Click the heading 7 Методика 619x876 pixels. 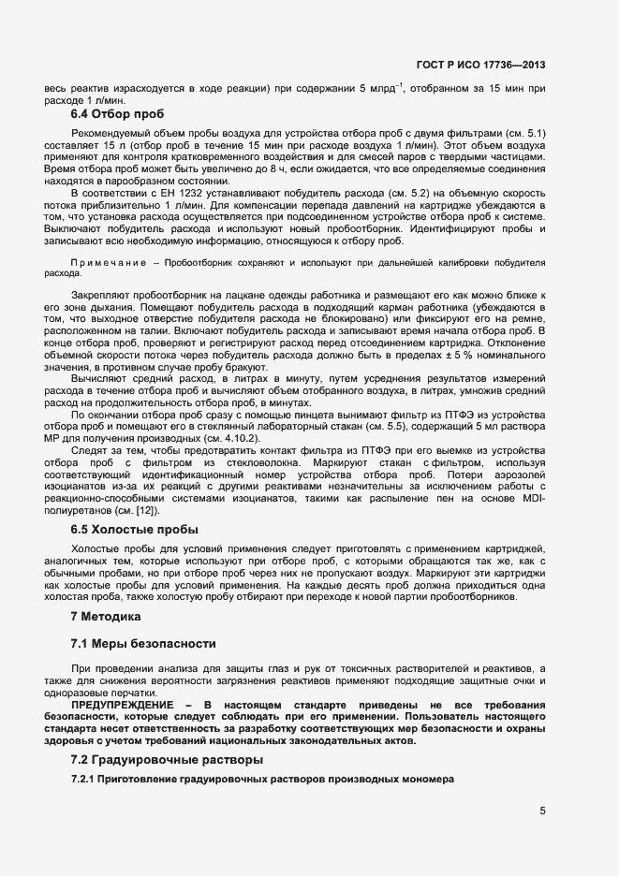tap(105, 617)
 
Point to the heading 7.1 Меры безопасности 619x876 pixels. tap(143, 644)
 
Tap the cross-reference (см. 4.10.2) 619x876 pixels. tap(235, 439)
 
